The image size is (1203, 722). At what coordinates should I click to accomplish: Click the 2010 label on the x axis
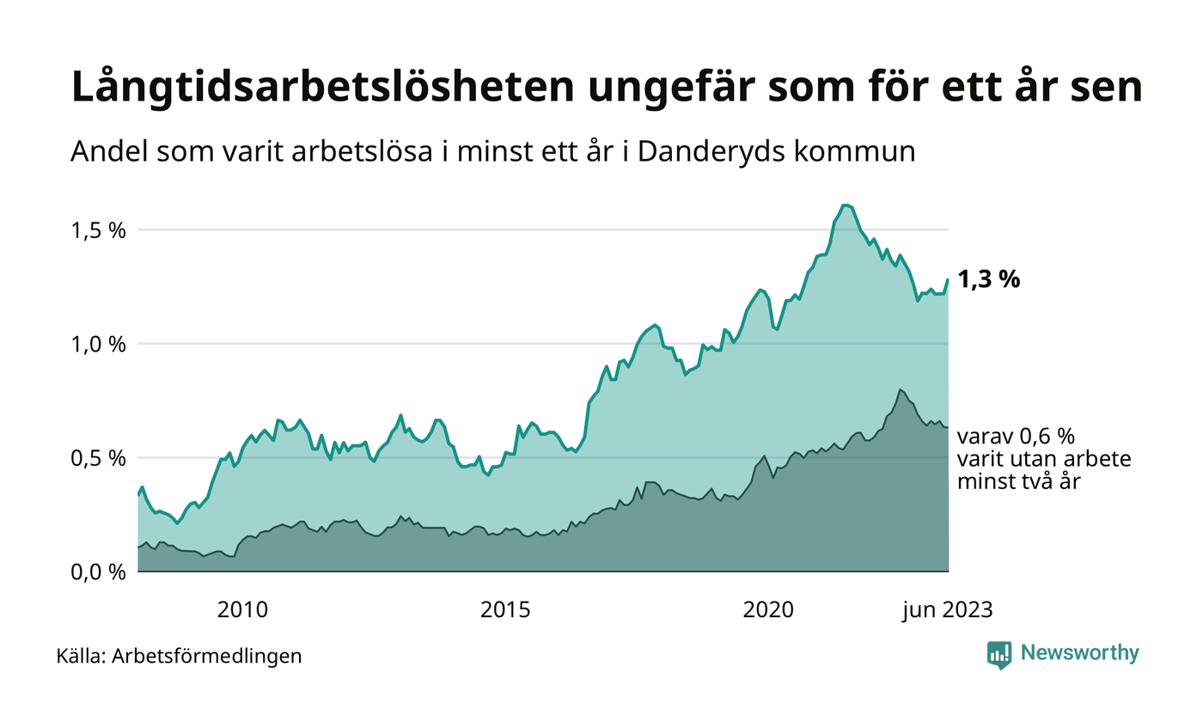pyautogui.click(x=242, y=610)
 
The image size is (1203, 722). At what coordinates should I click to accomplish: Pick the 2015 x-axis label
pyautogui.click(x=505, y=610)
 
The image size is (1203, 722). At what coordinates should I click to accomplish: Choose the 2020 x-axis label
pyautogui.click(x=768, y=610)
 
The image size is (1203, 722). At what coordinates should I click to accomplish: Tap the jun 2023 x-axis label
pyautogui.click(x=947, y=610)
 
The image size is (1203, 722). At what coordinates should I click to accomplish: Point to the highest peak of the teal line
pyautogui.click(x=846, y=205)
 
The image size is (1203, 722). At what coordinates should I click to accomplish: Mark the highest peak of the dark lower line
pyautogui.click(x=900, y=389)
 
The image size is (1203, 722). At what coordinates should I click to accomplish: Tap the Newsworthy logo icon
pyautogui.click(x=999, y=654)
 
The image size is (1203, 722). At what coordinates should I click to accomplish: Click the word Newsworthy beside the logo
pyautogui.click(x=1080, y=653)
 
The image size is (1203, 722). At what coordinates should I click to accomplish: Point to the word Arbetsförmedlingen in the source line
pyautogui.click(x=207, y=657)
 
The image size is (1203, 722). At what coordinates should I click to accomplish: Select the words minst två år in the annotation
pyautogui.click(x=1018, y=481)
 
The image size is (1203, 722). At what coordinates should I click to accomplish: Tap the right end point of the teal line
pyautogui.click(x=948, y=279)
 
